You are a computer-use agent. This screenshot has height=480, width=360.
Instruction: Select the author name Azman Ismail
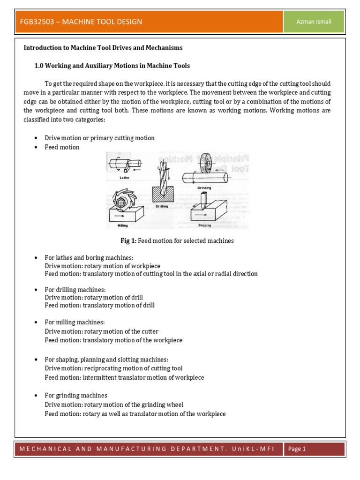coord(314,22)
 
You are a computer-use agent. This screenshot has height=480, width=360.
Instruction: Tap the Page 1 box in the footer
coord(297,449)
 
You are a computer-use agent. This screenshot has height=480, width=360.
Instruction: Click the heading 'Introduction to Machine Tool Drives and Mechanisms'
coord(103,48)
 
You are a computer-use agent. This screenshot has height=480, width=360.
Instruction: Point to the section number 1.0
coord(39,66)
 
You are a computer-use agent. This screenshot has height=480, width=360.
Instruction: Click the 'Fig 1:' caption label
coord(128,241)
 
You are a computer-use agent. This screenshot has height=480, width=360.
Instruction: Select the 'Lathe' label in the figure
coord(124,178)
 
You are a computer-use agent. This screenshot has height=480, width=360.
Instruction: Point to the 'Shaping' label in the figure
coord(204,225)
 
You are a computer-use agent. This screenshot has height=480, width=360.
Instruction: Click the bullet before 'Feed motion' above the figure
coord(36,148)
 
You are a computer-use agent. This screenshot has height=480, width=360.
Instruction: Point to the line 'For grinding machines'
coord(76,396)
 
